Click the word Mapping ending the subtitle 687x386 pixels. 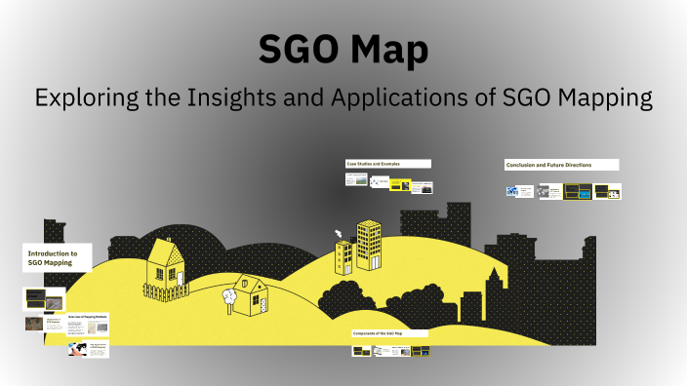coord(600,98)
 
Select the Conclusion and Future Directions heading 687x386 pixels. coord(561,164)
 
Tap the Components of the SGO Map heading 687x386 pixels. coord(389,333)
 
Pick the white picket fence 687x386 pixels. coord(165,289)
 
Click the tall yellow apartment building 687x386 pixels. coord(368,245)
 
